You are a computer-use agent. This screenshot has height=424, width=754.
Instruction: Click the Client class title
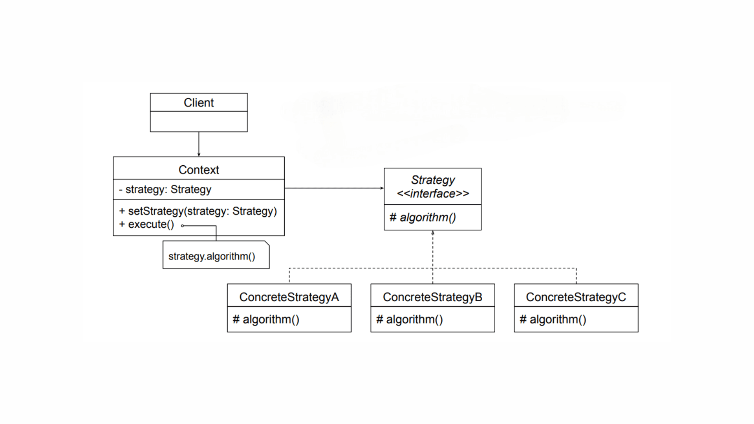click(199, 102)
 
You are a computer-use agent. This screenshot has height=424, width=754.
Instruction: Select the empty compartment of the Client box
click(199, 121)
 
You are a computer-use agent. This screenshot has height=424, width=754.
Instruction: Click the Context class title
click(199, 170)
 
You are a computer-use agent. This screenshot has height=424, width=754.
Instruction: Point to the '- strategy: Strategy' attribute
click(165, 189)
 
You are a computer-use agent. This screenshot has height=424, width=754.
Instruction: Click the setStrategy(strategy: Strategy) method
click(198, 211)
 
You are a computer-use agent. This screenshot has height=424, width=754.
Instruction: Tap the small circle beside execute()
click(183, 226)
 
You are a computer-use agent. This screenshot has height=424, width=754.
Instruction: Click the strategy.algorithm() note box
click(212, 256)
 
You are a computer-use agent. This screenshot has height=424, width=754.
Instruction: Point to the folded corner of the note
click(267, 243)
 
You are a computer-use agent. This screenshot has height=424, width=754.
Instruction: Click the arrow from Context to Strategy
click(334, 188)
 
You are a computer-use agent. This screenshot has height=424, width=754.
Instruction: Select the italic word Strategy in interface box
click(433, 180)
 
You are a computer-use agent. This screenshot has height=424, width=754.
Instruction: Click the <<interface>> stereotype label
click(433, 194)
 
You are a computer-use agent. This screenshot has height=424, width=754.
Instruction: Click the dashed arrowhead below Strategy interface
click(433, 233)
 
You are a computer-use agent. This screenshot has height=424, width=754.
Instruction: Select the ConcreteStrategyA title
click(289, 297)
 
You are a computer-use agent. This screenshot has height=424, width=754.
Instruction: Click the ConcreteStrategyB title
click(432, 297)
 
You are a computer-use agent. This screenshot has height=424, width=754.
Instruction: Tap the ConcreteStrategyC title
click(576, 297)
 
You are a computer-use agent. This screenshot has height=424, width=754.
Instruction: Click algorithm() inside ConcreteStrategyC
click(553, 320)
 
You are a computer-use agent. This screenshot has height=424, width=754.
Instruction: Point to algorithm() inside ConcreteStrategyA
click(266, 320)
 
